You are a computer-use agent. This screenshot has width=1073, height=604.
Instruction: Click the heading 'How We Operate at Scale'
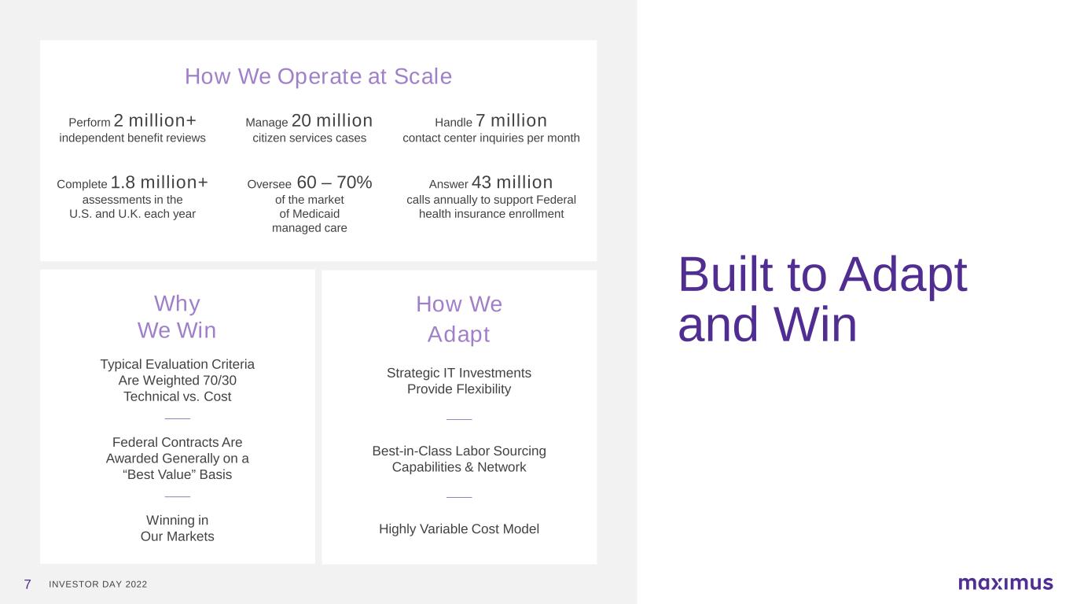click(x=318, y=77)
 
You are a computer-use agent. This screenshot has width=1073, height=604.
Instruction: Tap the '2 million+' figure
click(x=155, y=120)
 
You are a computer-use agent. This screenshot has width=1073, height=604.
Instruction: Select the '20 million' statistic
click(x=332, y=120)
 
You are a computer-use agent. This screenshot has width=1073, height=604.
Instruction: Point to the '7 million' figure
click(x=511, y=120)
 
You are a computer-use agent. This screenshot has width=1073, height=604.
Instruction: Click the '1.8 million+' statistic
click(x=159, y=182)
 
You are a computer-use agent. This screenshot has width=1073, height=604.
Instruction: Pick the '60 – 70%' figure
click(x=334, y=182)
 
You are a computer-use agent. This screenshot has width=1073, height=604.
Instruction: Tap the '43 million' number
click(x=512, y=182)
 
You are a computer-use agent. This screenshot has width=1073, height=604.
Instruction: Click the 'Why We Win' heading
click(x=177, y=317)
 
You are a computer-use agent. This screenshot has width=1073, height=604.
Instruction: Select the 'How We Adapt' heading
click(x=459, y=319)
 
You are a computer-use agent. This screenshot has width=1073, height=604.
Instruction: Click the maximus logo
click(x=1005, y=583)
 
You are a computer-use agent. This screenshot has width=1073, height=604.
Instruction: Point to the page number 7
click(x=28, y=584)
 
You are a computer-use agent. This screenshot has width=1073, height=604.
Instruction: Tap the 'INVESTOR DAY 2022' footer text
click(x=97, y=584)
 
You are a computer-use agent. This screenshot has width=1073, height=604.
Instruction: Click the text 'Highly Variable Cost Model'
click(x=459, y=528)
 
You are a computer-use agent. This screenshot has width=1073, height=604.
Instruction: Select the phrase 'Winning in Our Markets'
click(x=177, y=528)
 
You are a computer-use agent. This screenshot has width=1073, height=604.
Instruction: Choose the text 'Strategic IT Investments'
click(x=459, y=373)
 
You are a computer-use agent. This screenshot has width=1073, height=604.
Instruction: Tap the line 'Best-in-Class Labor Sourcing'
click(x=459, y=451)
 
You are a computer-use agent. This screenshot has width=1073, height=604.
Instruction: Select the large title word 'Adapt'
click(x=903, y=275)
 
